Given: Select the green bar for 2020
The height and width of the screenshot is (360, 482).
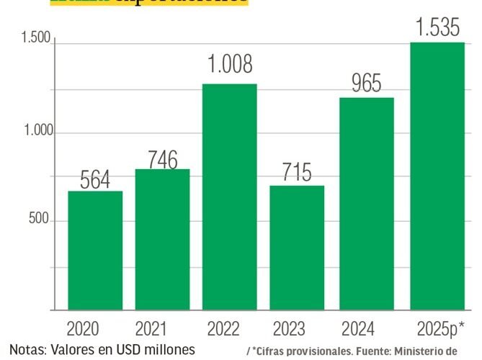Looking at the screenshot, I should tap(95, 251).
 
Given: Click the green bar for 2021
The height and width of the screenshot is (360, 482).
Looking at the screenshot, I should tap(162, 240).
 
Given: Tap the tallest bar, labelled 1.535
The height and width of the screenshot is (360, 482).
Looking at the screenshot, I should tap(437, 176).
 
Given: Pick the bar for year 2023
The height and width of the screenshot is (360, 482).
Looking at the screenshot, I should tap(297, 248).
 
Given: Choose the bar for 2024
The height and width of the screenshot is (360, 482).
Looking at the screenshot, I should tap(367, 204).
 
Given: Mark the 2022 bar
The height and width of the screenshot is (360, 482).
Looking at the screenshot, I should tap(229, 197).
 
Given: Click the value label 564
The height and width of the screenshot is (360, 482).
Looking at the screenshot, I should tap(95, 180).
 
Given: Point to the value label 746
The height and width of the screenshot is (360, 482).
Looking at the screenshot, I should tap(162, 159).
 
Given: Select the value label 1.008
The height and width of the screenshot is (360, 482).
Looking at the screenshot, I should tap(230, 66).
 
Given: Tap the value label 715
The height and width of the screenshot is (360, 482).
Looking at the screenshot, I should tap(297, 174).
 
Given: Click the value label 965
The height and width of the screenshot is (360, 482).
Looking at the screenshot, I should tap(367, 84).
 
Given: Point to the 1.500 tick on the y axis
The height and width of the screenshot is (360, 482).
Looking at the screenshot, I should tap(35, 39).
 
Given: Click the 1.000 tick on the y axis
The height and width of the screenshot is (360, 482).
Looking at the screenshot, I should tap(35, 132).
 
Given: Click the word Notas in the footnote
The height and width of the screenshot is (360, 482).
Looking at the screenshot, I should tap(26, 350).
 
